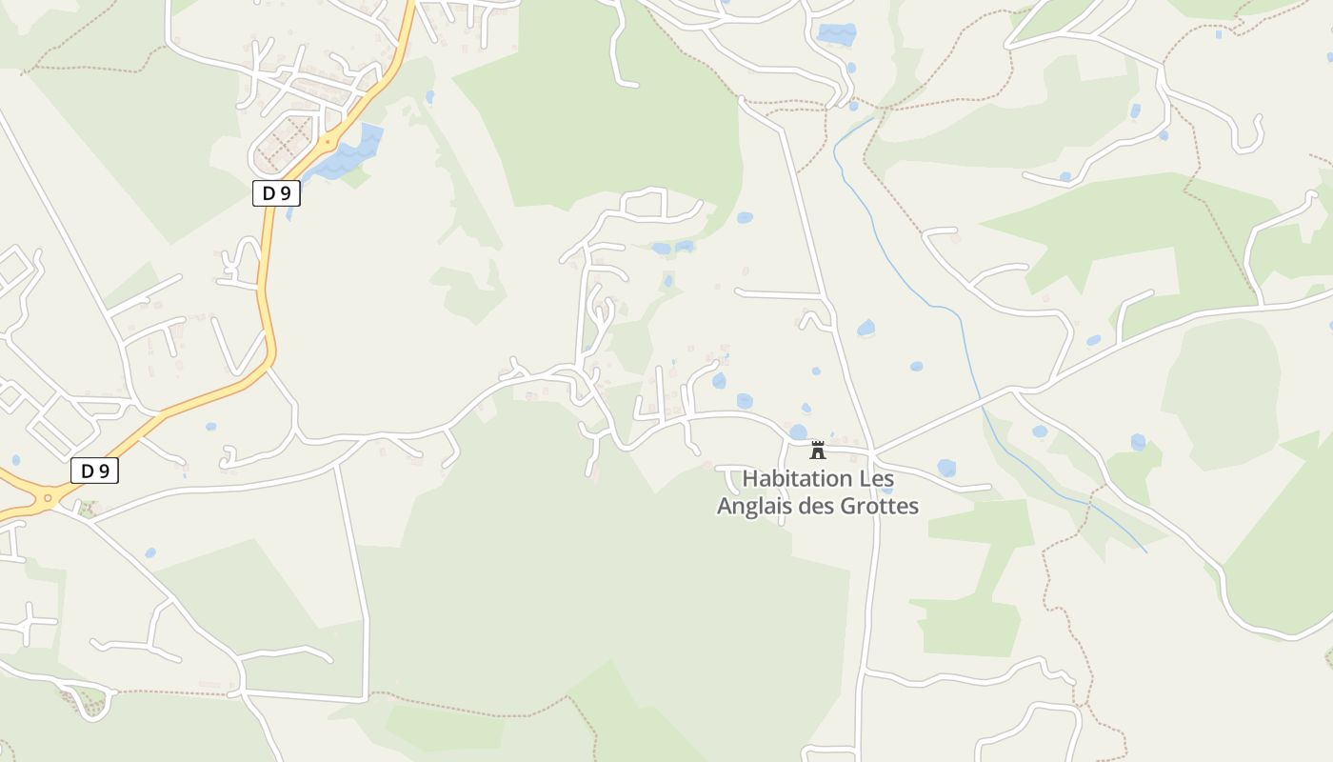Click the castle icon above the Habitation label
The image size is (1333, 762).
tap(817, 450)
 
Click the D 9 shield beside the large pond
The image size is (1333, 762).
tap(276, 193)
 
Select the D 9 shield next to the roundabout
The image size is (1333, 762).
tap(95, 471)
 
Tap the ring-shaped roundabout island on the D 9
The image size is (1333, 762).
tap(47, 497)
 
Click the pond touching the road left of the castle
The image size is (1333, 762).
tap(798, 432)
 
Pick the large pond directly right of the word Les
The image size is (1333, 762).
tap(945, 468)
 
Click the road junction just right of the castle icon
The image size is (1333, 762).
tap(872, 451)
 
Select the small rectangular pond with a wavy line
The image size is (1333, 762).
tap(836, 34)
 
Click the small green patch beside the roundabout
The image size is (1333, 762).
tap(88, 509)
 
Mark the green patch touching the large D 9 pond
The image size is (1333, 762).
tap(354, 177)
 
